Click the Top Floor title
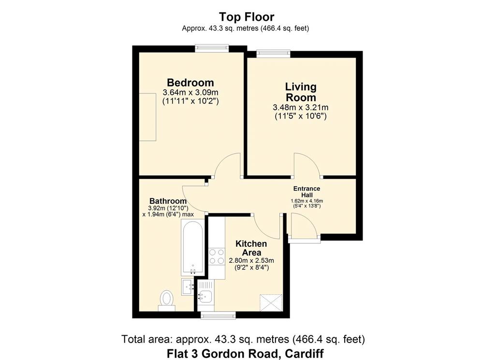[x=247, y=16]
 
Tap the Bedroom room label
[x=190, y=82]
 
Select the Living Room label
[x=301, y=91]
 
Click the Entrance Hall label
[x=306, y=192]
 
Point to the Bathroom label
[x=168, y=201]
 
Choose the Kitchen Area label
[x=251, y=248]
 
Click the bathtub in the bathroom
[x=192, y=248]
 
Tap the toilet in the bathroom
[x=166, y=300]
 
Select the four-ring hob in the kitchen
[x=217, y=256]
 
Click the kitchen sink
[x=205, y=297]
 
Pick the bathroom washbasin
[x=188, y=286]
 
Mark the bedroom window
[x=212, y=48]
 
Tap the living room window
[x=274, y=53]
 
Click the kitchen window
[x=218, y=315]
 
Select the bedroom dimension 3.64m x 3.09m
[x=190, y=92]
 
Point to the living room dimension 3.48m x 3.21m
[x=301, y=107]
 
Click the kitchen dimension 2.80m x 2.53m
[x=251, y=261]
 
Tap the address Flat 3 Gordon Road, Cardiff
[x=245, y=353]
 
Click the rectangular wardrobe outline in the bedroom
[x=148, y=117]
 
